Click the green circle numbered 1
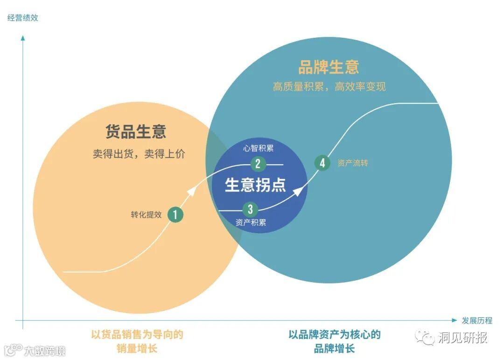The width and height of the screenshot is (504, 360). coord(175,215)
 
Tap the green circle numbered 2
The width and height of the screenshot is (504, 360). coord(258,164)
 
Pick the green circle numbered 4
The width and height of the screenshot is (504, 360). coord(322,163)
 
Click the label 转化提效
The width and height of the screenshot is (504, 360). coord(146,215)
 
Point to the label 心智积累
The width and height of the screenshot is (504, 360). coord(258,149)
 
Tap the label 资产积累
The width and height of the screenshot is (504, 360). coord(251,223)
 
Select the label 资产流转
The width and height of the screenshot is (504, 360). coord(353,163)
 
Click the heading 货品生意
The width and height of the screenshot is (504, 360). coord(135,132)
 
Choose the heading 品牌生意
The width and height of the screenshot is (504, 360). coord(329,67)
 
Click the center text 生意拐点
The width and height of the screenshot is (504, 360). coord(255,185)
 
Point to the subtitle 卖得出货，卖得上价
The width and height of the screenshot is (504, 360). coord(139,154)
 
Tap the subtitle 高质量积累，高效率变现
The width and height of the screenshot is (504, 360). coord(329,87)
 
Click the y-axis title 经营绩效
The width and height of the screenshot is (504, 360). coord(22,18)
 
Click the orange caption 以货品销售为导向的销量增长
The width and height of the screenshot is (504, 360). coord(137,341)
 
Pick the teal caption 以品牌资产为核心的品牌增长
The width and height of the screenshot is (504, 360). coord(334,341)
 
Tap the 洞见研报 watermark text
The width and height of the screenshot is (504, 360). coord(462,338)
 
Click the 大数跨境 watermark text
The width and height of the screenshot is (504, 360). coord(45,350)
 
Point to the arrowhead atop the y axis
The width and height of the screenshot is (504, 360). coord(22,37)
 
